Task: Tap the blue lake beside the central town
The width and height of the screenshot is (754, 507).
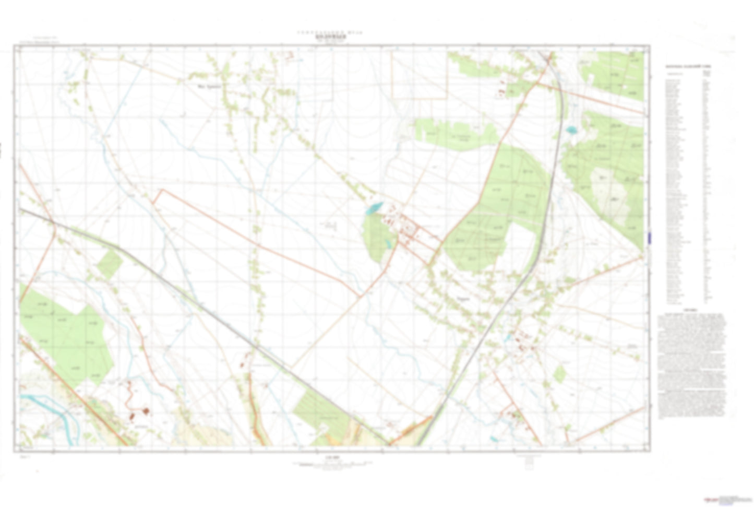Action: click(374, 208)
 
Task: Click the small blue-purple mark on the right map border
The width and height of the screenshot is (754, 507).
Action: click(649, 238)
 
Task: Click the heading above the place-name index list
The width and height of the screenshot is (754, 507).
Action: click(687, 67)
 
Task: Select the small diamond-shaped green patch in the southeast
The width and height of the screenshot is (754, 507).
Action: click(559, 374)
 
